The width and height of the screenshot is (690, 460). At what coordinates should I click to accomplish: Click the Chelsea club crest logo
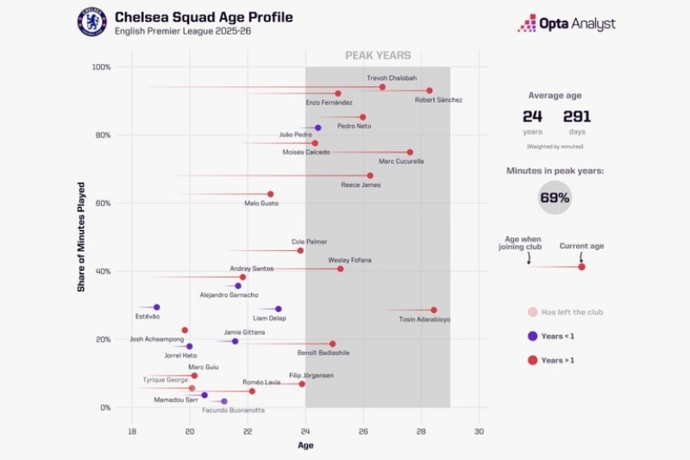coord(91,22)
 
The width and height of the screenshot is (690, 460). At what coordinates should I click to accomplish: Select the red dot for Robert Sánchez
coord(430,91)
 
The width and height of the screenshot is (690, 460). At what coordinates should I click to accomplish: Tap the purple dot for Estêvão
coord(156,307)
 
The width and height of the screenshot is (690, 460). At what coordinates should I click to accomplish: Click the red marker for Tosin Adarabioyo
coord(434,310)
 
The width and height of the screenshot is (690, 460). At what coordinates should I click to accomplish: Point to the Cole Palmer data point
coord(300,250)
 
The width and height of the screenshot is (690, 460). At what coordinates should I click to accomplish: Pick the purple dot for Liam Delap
coord(278,309)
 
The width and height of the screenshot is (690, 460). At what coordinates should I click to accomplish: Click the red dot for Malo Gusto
coord(270,194)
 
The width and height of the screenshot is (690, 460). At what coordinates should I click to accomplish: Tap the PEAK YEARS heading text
coord(378,55)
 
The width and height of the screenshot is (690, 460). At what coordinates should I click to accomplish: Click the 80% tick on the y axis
coord(102,135)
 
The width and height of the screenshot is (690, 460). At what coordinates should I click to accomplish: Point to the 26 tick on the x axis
coord(363,431)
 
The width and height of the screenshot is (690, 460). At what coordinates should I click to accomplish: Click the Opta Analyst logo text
coord(577,24)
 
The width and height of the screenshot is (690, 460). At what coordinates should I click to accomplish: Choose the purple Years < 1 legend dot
coord(532,336)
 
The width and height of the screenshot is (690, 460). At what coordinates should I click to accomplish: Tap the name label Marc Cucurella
coord(401,161)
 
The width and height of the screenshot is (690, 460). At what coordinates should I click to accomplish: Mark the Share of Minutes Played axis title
coord(81,236)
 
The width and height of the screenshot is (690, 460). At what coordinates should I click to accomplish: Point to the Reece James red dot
coord(370,175)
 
